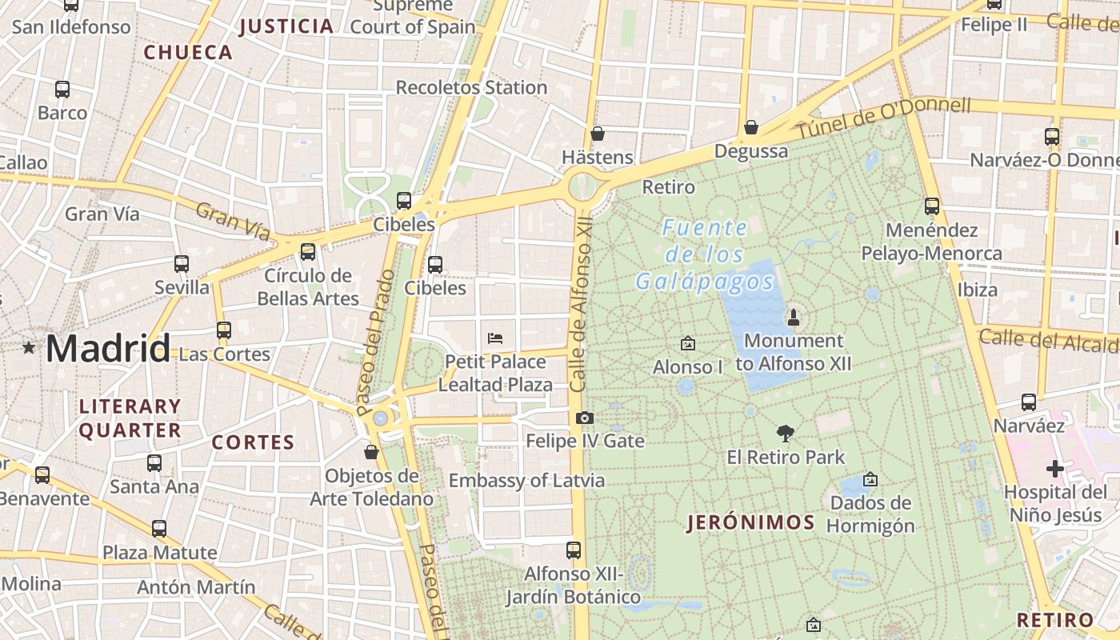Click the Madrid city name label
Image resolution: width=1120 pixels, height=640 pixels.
(x=107, y=349)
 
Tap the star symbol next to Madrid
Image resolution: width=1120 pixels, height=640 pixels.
(x=30, y=347)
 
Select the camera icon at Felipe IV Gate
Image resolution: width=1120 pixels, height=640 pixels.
(x=585, y=418)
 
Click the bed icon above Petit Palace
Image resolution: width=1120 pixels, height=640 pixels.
(x=495, y=338)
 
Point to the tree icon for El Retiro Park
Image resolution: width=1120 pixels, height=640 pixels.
(x=786, y=434)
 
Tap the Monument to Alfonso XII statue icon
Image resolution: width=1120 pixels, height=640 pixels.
(x=793, y=317)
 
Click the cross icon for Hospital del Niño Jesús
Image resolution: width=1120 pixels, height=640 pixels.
(x=1054, y=468)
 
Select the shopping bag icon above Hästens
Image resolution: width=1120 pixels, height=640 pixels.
(x=597, y=134)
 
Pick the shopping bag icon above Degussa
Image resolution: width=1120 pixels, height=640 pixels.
(x=750, y=127)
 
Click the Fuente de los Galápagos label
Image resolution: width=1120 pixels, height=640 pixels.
(x=705, y=254)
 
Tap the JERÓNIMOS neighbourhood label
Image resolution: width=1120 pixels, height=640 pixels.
(x=751, y=523)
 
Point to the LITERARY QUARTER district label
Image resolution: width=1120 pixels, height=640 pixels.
(x=130, y=418)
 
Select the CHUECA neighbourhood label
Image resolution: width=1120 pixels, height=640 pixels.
(x=188, y=53)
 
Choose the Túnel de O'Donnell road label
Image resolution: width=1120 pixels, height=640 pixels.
(x=883, y=118)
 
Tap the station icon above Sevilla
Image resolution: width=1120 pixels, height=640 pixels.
(x=182, y=264)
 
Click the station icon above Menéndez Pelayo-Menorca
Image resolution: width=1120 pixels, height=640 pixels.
(x=931, y=206)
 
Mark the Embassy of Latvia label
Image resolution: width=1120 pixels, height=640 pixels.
(x=526, y=481)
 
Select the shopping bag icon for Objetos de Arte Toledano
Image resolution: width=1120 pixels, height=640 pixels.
(x=371, y=452)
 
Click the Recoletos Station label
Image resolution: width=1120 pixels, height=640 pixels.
(x=471, y=87)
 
